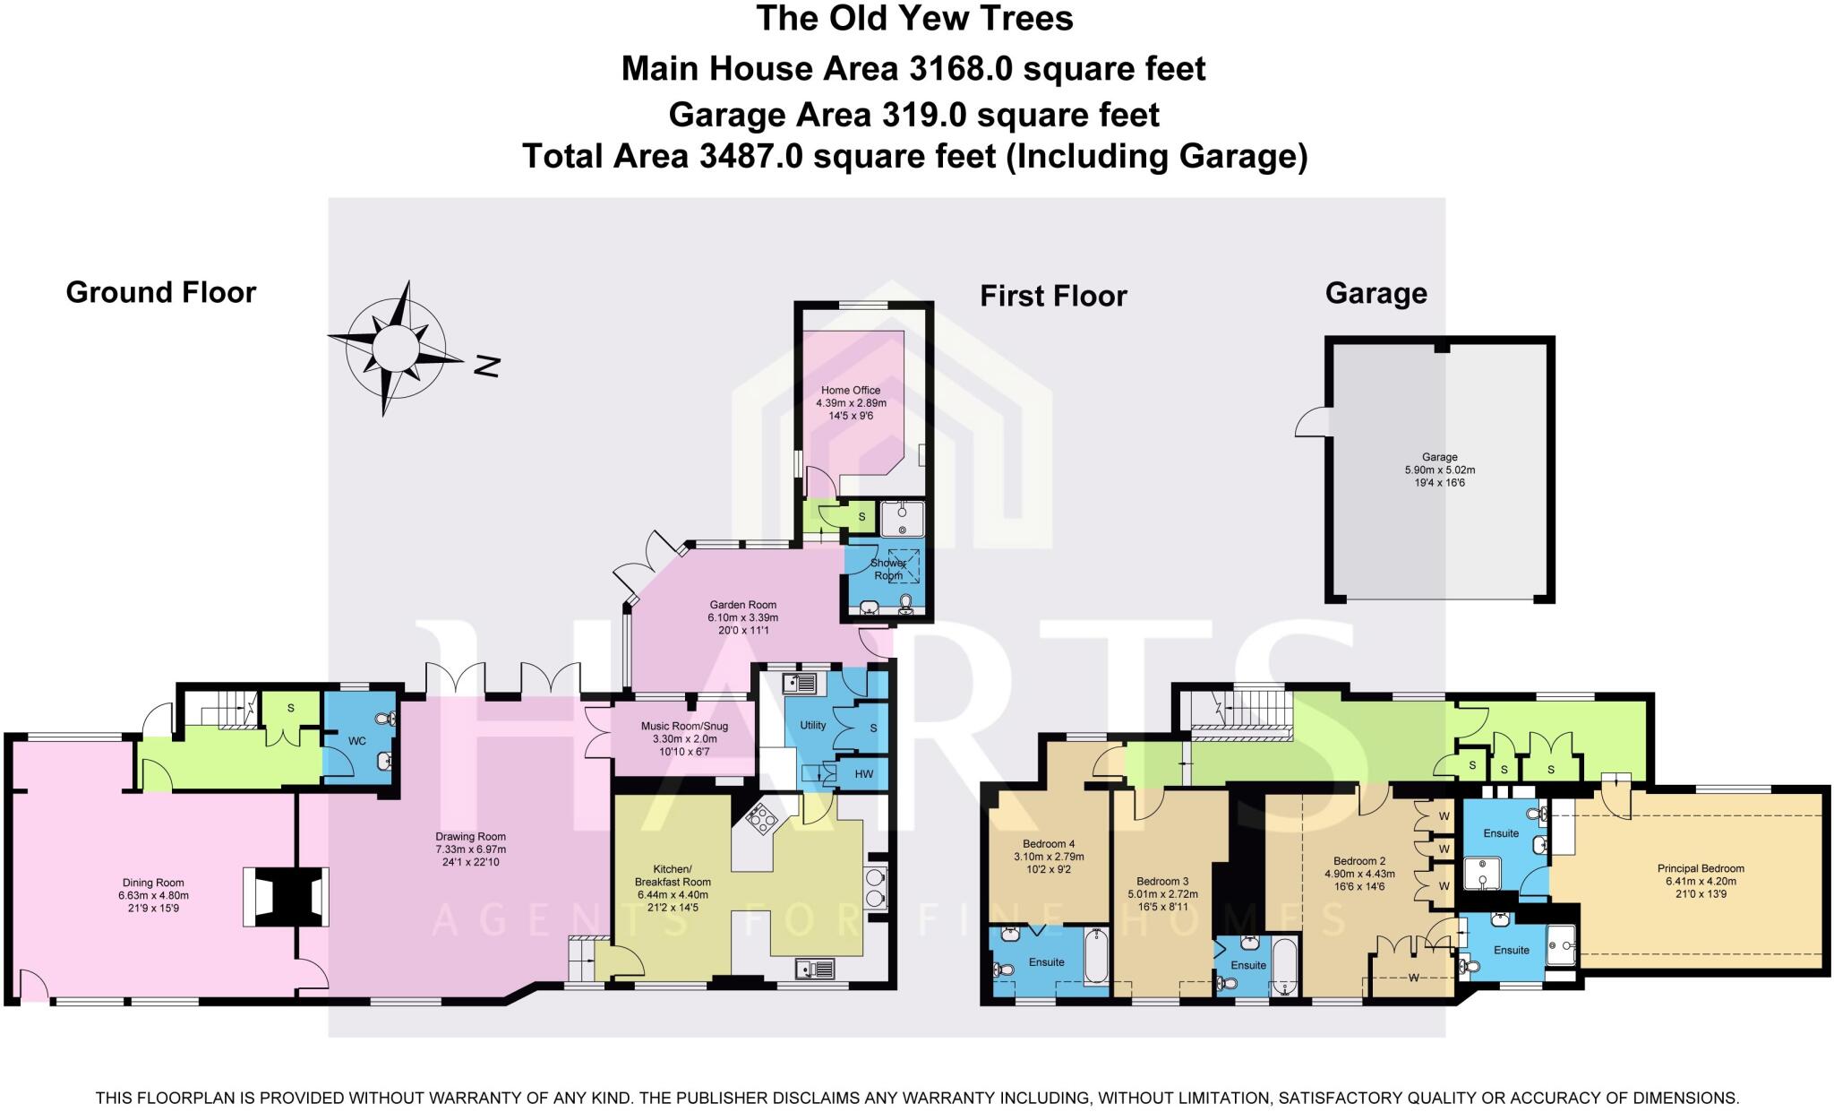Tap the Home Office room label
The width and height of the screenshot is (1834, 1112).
(x=851, y=391)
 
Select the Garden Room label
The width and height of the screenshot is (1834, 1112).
(x=742, y=605)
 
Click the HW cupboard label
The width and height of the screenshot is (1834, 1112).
(x=863, y=774)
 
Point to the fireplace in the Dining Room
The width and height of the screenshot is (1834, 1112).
(x=286, y=896)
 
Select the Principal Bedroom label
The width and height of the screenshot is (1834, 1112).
(x=1701, y=868)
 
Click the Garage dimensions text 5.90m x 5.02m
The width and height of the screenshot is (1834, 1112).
(x=1439, y=470)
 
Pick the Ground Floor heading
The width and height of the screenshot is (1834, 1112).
(x=161, y=292)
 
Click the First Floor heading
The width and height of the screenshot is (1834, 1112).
(x=1053, y=296)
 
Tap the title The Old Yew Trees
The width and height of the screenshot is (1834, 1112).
(x=914, y=18)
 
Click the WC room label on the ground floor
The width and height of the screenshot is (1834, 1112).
(x=356, y=741)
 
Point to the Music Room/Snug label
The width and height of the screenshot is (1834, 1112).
(x=684, y=727)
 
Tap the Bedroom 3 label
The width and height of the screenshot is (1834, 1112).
(x=1162, y=882)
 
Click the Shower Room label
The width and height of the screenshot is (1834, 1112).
(x=887, y=569)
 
